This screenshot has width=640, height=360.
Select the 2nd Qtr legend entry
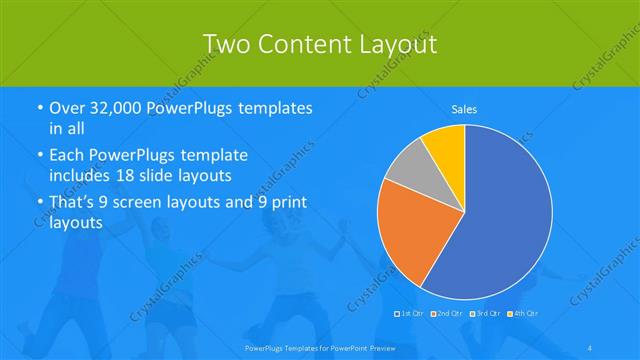pyautogui.click(x=447, y=314)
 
